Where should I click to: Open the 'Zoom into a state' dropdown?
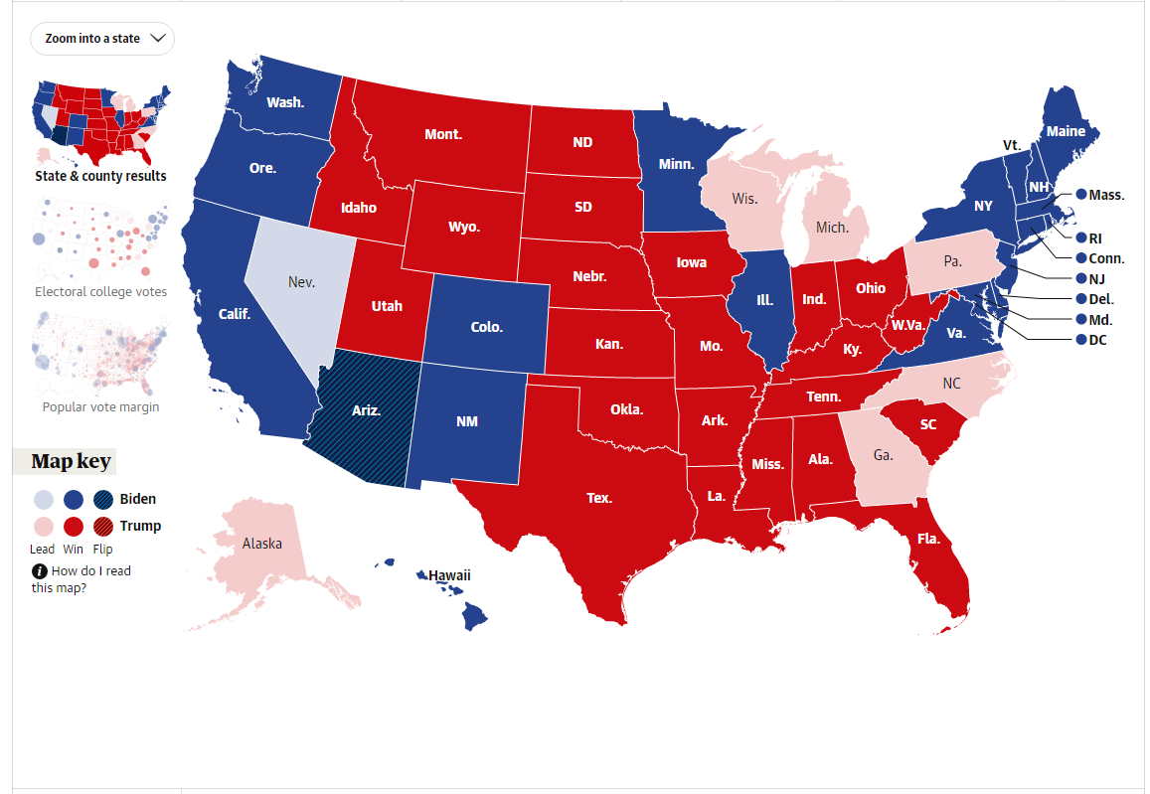click(102, 39)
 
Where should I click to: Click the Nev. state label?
click(301, 282)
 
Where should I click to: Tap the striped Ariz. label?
click(367, 409)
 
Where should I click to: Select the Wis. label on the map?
click(744, 199)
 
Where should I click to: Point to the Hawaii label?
click(449, 575)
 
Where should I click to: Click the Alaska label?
click(262, 544)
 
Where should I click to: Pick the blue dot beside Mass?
click(1080, 195)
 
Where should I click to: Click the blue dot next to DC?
click(1080, 340)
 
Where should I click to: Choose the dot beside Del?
click(1080, 299)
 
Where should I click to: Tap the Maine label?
click(1066, 131)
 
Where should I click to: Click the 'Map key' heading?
click(72, 461)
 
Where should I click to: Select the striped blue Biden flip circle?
click(103, 500)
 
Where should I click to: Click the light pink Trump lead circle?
click(43, 527)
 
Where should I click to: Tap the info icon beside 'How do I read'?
click(39, 571)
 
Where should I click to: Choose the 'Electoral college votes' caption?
click(100, 292)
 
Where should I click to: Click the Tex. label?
click(599, 498)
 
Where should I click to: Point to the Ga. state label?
click(884, 456)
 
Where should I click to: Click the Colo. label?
click(487, 327)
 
